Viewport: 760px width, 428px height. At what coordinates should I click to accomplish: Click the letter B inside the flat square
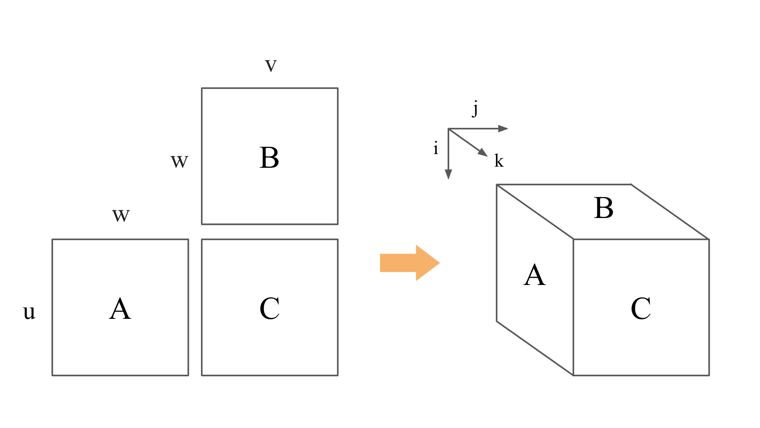[x=269, y=158]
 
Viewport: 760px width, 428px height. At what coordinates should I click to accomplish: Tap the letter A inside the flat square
[x=120, y=309]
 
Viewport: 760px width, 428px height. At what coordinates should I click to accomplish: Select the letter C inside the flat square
[x=269, y=309]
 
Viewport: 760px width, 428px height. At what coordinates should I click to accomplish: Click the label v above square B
[x=271, y=65]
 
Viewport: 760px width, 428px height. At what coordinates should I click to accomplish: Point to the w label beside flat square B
[x=179, y=161]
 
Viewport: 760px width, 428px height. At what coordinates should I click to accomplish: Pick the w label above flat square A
[x=121, y=215]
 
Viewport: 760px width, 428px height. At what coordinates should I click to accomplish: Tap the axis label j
[x=475, y=108]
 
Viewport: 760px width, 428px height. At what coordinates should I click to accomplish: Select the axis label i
[x=435, y=148]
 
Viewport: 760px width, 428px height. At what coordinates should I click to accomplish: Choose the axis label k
[x=499, y=161]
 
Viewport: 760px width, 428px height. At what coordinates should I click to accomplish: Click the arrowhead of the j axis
[x=503, y=129]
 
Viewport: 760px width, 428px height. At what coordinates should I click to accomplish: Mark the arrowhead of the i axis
[x=448, y=174]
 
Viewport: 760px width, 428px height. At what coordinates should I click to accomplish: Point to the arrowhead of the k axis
[x=483, y=153]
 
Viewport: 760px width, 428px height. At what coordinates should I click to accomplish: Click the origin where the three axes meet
[x=448, y=129]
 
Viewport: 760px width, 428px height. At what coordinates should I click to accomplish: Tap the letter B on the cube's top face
[x=603, y=208]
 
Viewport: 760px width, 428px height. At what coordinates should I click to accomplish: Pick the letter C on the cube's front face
[x=641, y=309]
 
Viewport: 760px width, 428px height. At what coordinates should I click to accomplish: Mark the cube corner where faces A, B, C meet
[x=573, y=239]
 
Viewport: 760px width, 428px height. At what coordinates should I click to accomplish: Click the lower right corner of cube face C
[x=709, y=375]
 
